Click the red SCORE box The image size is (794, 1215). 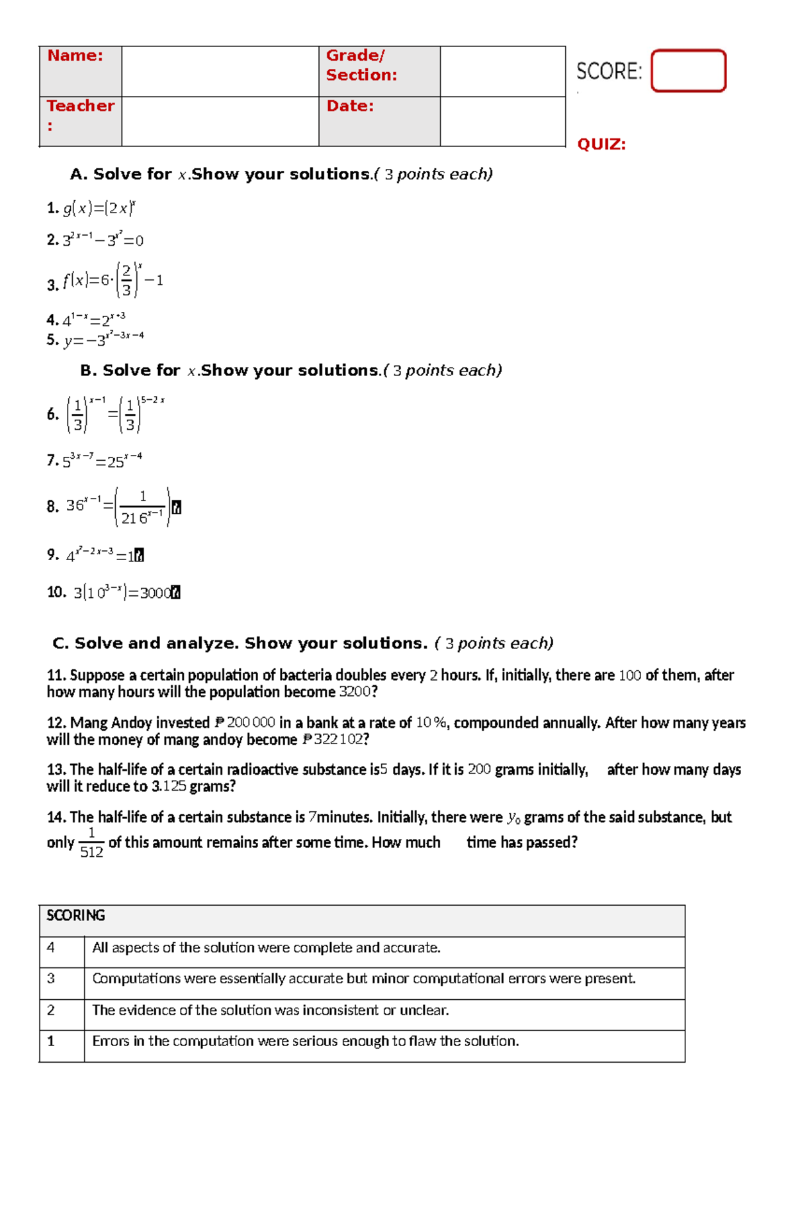(x=688, y=71)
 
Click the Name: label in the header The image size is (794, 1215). (x=75, y=56)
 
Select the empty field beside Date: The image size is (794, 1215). (x=502, y=121)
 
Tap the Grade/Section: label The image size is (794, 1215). (x=361, y=65)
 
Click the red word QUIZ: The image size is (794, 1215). (x=601, y=144)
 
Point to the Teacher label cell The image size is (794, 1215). (x=80, y=115)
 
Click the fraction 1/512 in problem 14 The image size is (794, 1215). (x=91, y=842)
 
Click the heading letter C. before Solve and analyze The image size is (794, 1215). (x=61, y=644)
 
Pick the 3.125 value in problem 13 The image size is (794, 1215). (x=169, y=787)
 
